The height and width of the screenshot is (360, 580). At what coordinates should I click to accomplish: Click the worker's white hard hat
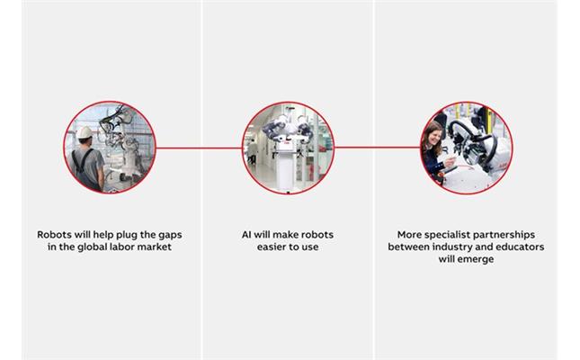pos(85,132)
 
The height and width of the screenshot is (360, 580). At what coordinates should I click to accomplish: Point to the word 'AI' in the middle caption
pos(246,235)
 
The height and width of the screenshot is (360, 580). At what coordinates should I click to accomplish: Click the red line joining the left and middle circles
pos(199,148)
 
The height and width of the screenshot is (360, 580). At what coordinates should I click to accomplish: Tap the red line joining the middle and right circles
pos(378,148)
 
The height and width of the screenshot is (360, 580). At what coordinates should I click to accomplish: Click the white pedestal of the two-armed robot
pos(287,167)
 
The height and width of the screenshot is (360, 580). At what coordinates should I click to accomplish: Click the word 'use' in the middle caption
pos(310,247)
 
